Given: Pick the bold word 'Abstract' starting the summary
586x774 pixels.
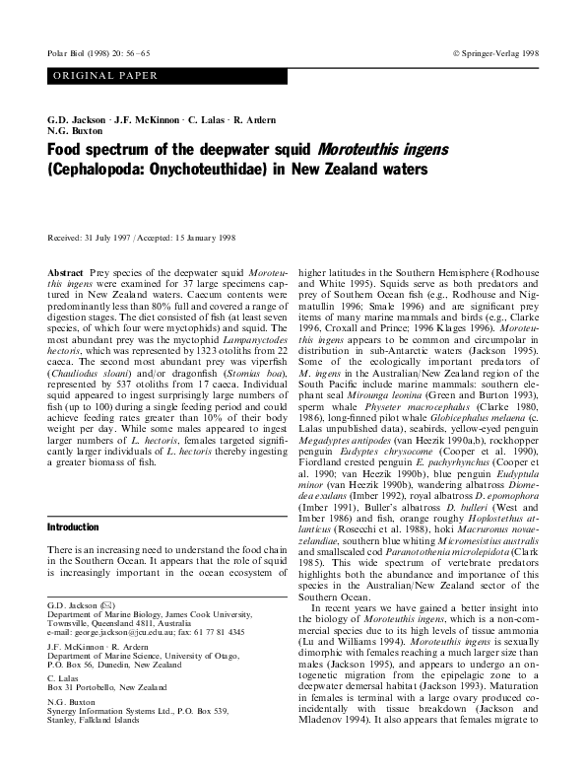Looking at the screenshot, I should pyautogui.click(x=67, y=269).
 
